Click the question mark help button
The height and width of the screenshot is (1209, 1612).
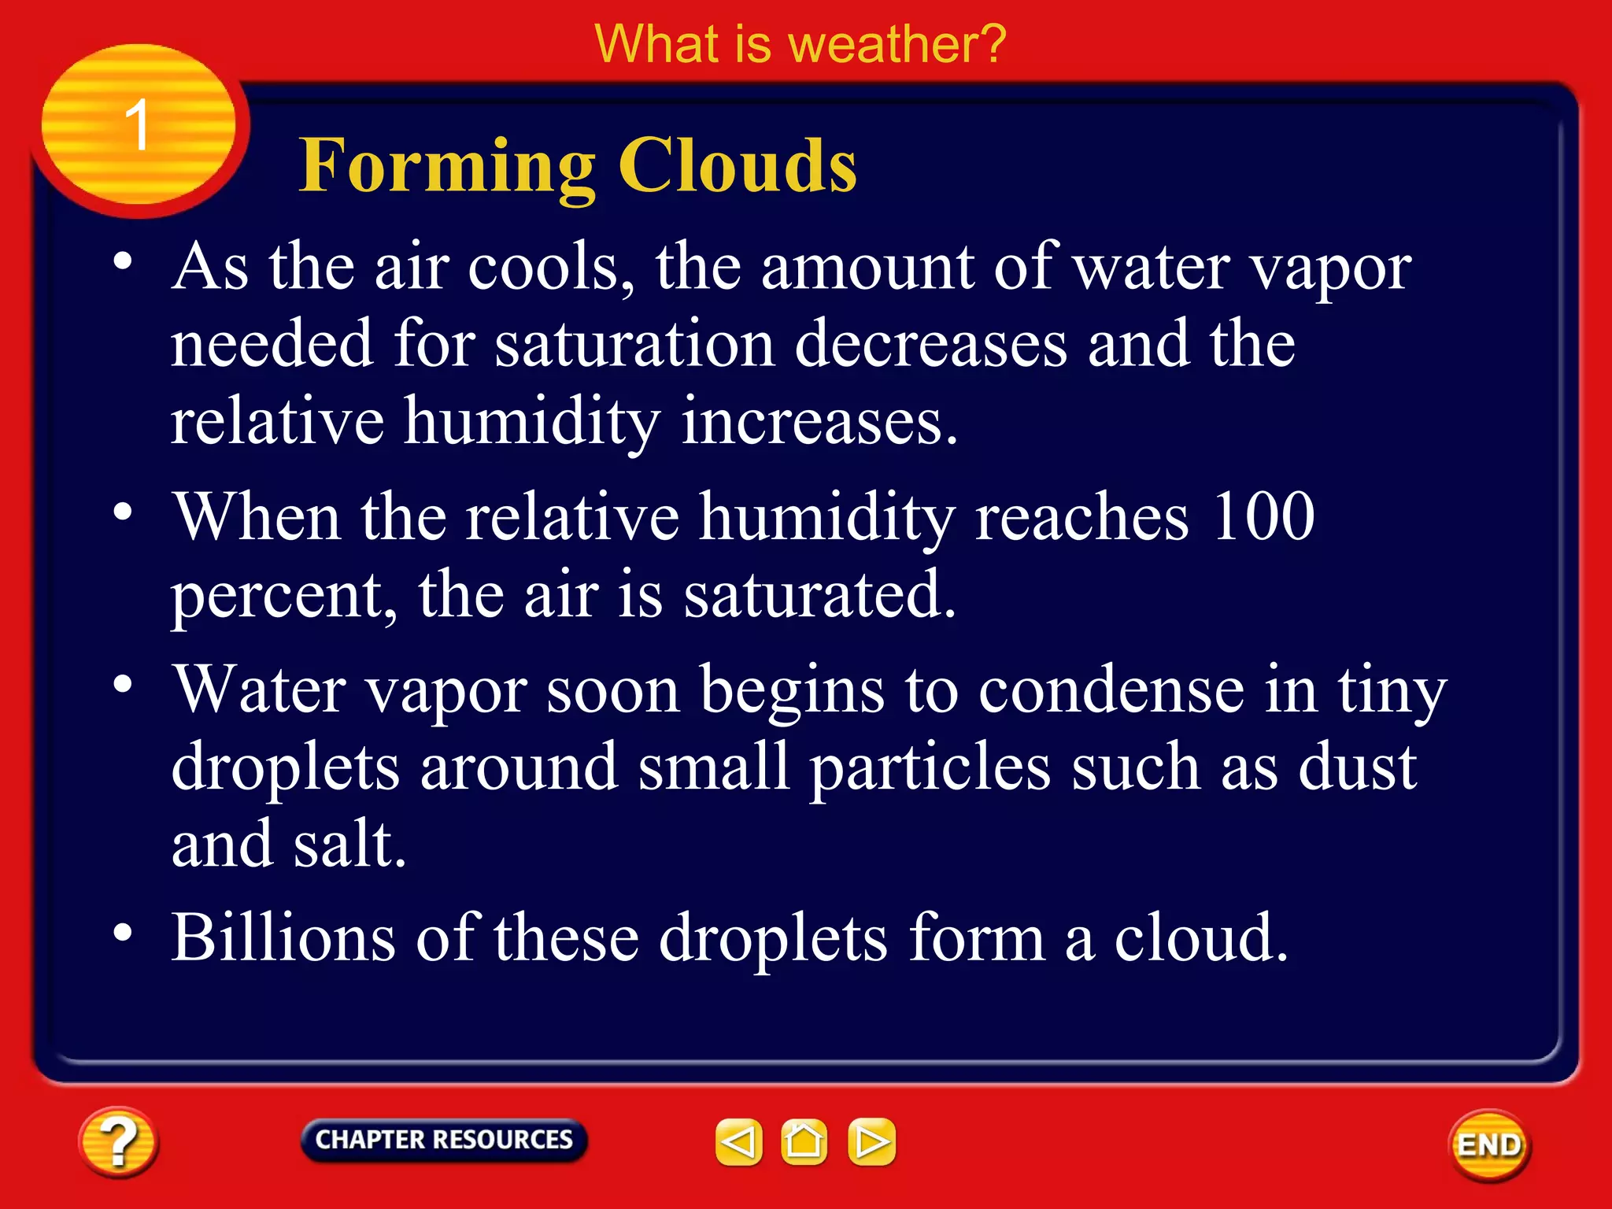tap(118, 1142)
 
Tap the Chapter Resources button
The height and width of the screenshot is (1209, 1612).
tap(444, 1140)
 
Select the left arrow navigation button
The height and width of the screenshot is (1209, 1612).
tap(738, 1142)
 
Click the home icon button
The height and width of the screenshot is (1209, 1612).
tap(804, 1142)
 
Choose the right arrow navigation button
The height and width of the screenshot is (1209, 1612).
tap(871, 1142)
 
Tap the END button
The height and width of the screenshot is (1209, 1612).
tap(1489, 1145)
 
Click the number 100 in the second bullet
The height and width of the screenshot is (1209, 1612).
tap(1263, 516)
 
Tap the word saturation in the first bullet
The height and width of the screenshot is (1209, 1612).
tap(634, 345)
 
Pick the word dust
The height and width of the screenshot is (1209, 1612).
tap(1358, 767)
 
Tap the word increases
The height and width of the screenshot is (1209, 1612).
tap(819, 421)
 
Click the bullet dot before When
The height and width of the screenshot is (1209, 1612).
tap(123, 512)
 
